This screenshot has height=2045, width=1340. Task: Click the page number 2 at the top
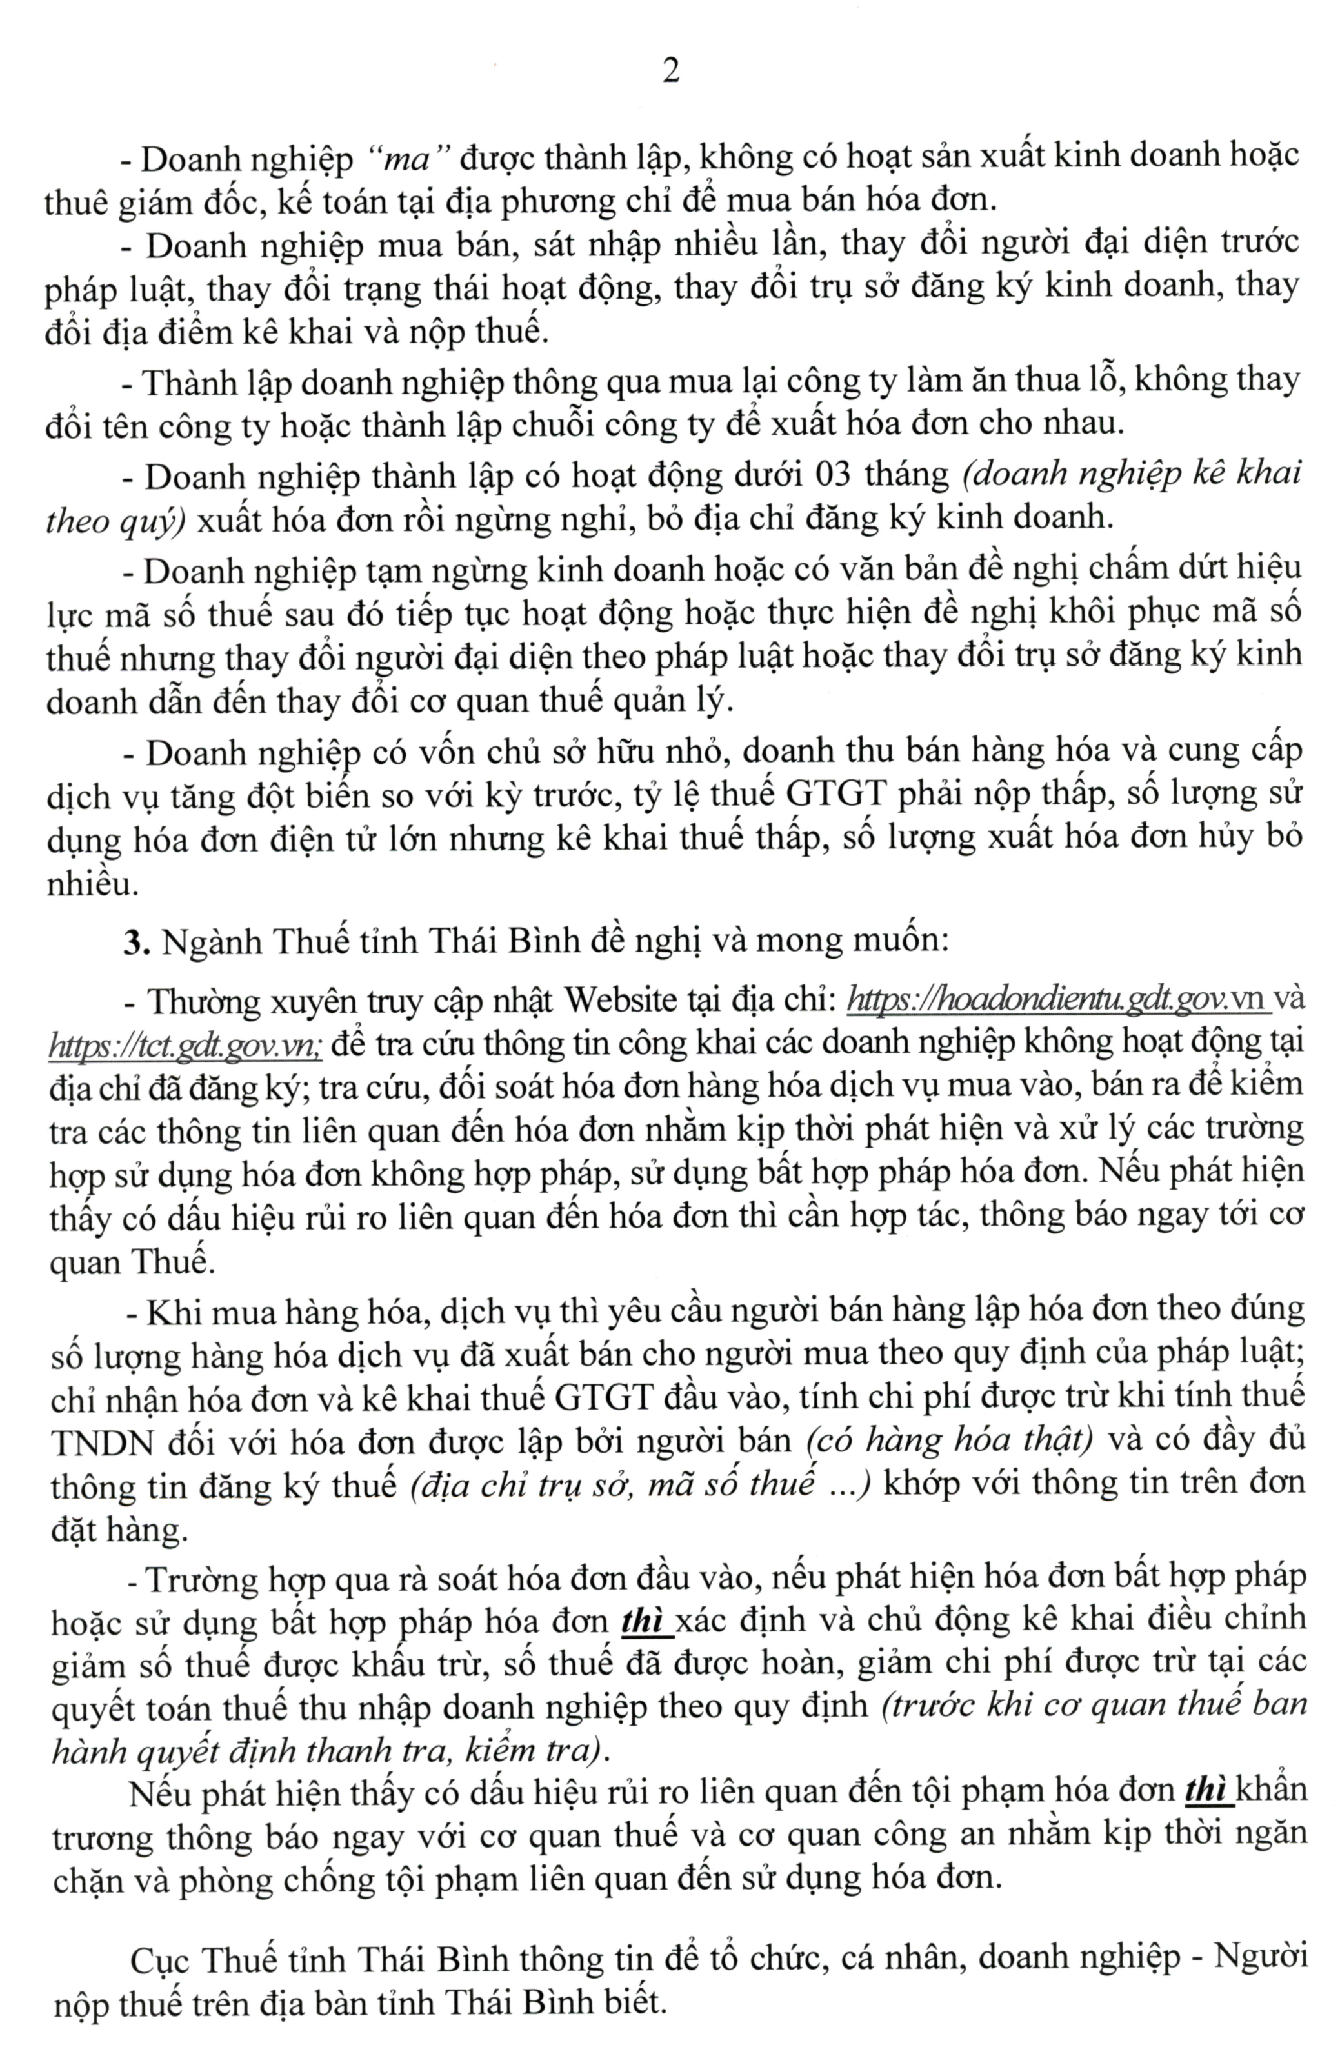click(670, 70)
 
